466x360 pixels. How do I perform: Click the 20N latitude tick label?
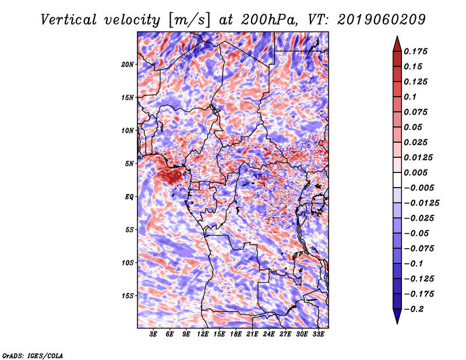[128, 65]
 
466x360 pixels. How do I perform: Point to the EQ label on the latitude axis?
[129, 197]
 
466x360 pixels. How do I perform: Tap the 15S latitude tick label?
[128, 296]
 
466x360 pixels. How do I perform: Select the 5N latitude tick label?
[129, 164]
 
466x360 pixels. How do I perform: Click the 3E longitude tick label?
[153, 334]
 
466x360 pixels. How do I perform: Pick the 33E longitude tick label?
[318, 334]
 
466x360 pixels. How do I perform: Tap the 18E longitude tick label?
[236, 334]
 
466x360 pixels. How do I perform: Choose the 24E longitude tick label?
[269, 334]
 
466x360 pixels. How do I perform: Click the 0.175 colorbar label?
[415, 51]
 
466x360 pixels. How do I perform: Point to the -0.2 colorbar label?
[414, 309]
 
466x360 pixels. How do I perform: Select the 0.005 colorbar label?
[415, 172]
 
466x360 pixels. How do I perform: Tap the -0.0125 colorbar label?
[421, 203]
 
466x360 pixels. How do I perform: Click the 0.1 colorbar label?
[410, 97]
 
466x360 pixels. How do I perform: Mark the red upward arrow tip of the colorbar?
[397, 36]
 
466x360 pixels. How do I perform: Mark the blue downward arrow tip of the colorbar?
[397, 324]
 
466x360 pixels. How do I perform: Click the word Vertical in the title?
[69, 20]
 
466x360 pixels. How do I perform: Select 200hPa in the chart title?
[269, 20]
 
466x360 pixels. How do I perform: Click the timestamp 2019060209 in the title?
[382, 20]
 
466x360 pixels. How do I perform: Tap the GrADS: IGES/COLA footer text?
[33, 355]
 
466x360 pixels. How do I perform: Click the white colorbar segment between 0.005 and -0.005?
[397, 180]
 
